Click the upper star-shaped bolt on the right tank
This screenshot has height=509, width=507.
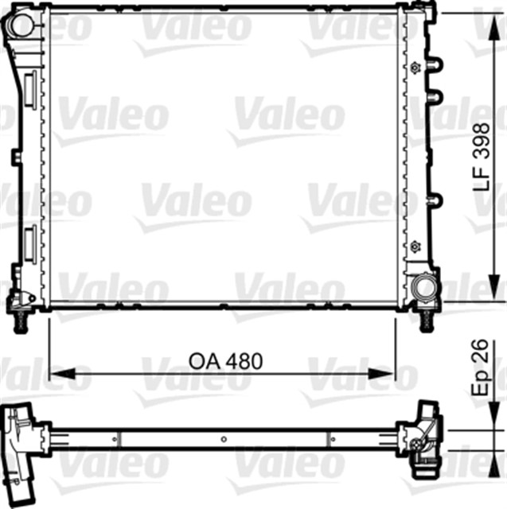tap(415, 67)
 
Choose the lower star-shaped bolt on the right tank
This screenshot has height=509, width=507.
tap(415, 244)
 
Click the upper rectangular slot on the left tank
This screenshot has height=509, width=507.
tap(29, 87)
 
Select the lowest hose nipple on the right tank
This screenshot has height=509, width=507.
tap(434, 200)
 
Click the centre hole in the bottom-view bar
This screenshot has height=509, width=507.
tap(224, 438)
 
